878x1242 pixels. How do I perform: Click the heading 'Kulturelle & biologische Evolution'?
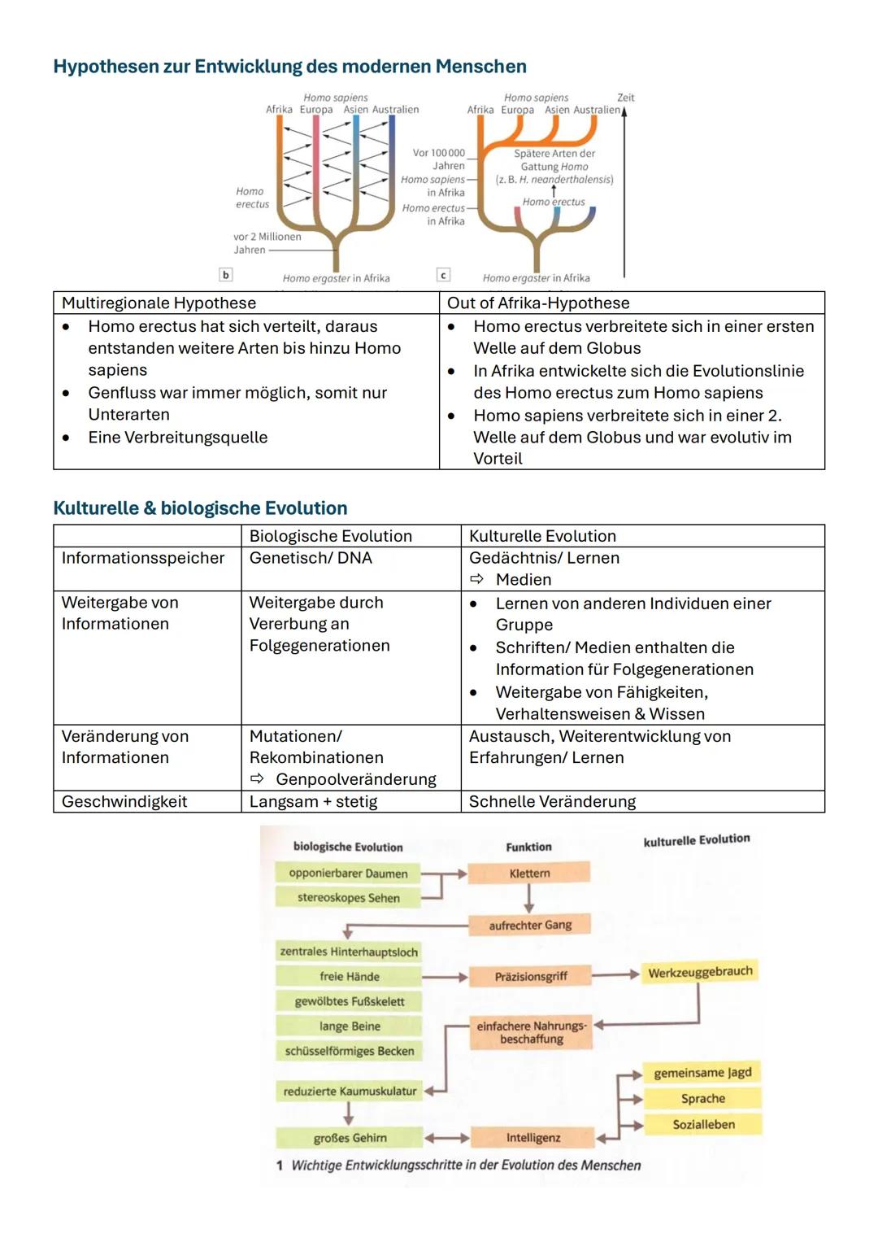tap(200, 508)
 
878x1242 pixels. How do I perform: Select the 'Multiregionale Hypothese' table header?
tap(159, 303)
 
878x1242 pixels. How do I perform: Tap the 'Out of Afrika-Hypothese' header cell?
tap(538, 303)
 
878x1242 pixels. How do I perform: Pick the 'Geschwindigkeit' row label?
tap(124, 801)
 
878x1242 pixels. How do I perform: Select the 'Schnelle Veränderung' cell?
tap(552, 801)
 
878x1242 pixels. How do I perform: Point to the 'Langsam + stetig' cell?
tap(313, 801)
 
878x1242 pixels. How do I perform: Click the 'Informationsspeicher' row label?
tap(143, 558)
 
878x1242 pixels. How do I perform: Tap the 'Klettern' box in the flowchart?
tap(529, 874)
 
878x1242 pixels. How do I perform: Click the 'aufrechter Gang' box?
tap(530, 925)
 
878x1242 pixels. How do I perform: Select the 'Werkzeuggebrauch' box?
tap(700, 972)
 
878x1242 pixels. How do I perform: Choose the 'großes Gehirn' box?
tap(350, 1138)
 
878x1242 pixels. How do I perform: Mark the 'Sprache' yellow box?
tap(702, 1098)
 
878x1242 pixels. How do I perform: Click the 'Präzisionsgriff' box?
tap(530, 976)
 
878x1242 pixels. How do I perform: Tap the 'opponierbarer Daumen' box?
tap(348, 874)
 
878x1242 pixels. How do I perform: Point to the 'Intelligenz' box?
tap(532, 1138)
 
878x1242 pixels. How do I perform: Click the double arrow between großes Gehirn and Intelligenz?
tap(446, 1138)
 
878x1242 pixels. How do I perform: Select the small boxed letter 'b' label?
tap(226, 275)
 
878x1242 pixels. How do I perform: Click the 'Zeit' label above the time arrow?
tap(625, 98)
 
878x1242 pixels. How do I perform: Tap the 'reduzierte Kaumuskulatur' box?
tap(350, 1092)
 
